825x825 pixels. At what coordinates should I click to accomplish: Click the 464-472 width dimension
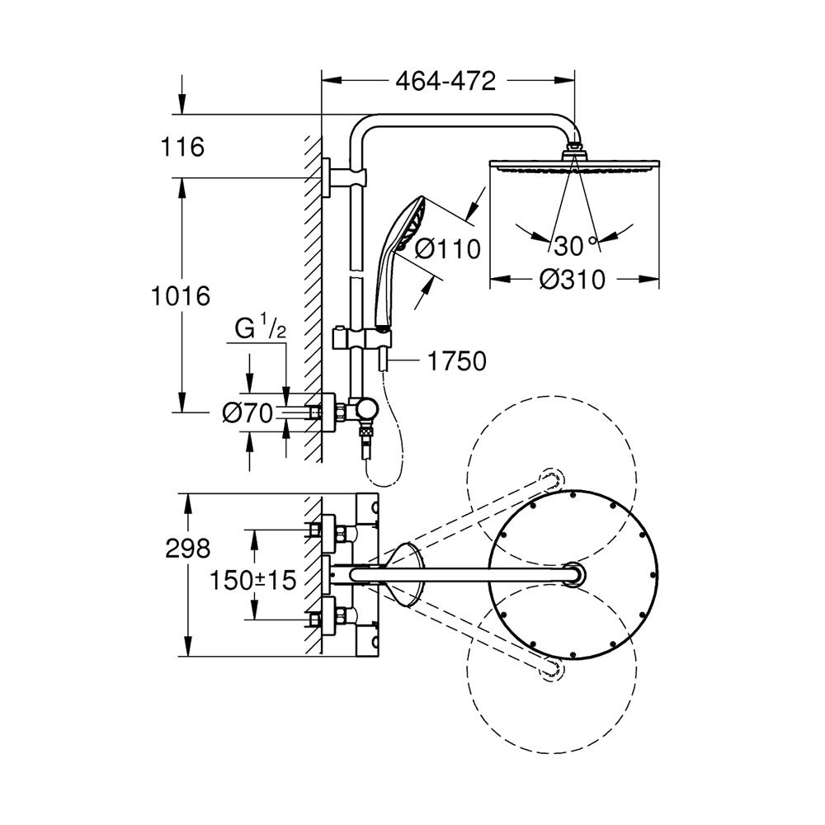445,81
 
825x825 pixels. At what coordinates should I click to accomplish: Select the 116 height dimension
182,148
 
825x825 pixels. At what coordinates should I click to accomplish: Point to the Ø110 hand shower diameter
447,248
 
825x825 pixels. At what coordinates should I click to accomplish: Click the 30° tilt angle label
574,246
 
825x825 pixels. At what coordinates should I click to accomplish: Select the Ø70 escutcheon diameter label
247,413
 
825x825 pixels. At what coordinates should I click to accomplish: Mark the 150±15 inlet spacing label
252,579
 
